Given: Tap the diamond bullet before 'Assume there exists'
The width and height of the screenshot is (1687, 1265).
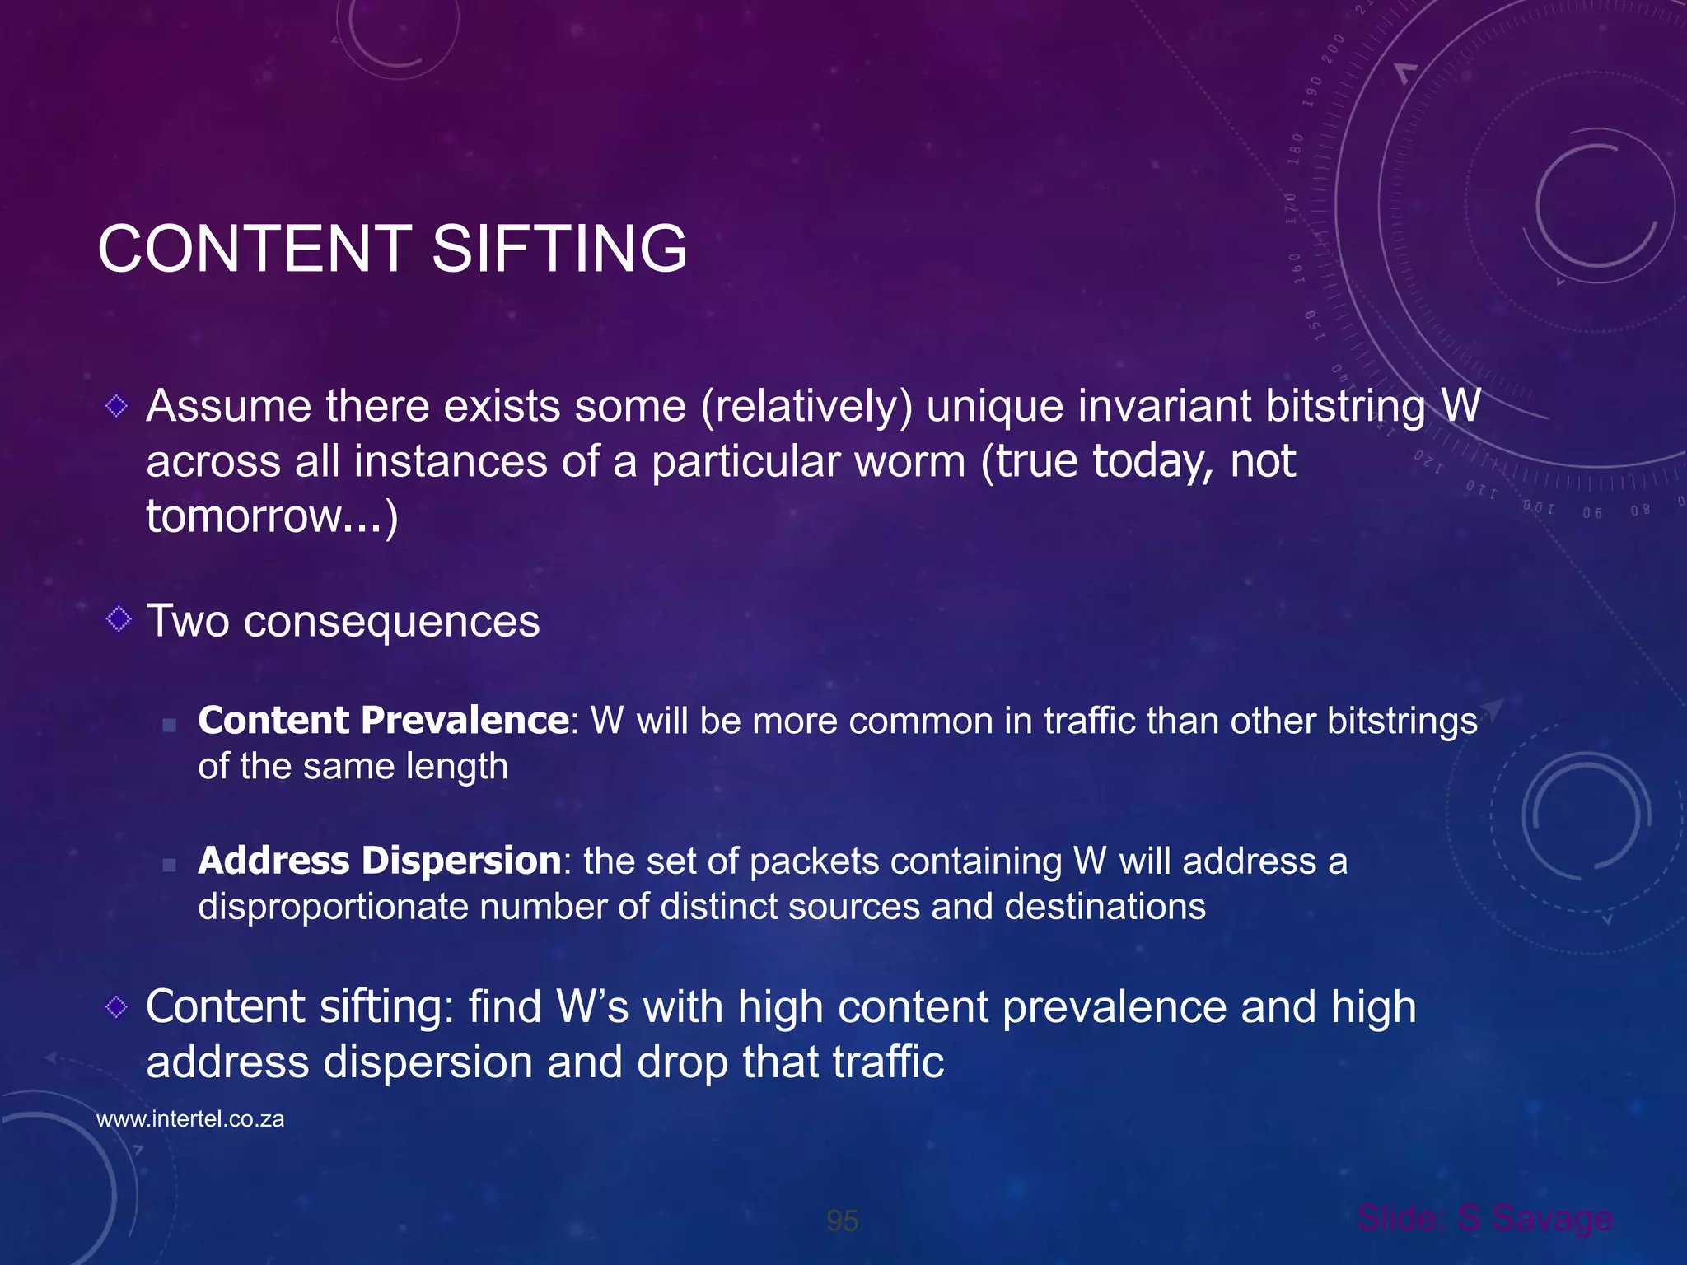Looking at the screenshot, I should (x=117, y=405).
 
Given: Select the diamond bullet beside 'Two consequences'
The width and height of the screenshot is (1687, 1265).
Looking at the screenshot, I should (x=119, y=619).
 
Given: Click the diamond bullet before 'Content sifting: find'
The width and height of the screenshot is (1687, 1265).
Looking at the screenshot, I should (x=117, y=1006).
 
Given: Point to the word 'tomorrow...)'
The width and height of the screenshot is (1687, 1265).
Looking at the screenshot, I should (x=272, y=516).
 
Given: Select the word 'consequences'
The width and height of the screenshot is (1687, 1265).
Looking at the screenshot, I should (x=391, y=621).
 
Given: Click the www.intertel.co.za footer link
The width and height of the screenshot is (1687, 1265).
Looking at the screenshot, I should (x=190, y=1119).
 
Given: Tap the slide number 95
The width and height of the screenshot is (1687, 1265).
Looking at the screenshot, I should (x=842, y=1221).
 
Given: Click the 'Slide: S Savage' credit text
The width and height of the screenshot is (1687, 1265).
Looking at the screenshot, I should (x=1484, y=1218).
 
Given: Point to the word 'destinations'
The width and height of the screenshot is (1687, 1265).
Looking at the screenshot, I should (x=1105, y=907).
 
